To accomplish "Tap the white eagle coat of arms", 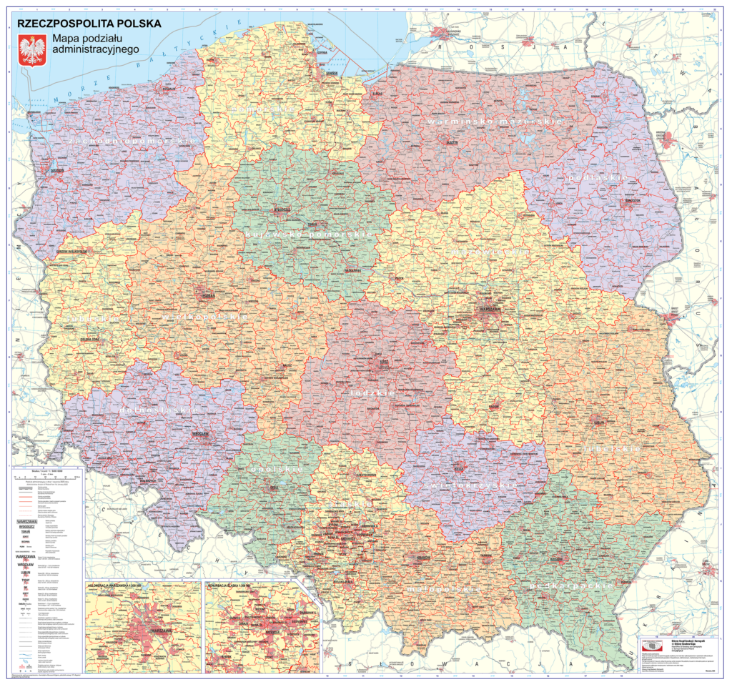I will [x=31, y=51].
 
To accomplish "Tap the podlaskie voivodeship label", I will [x=598, y=177].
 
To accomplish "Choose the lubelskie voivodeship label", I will [x=612, y=449].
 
